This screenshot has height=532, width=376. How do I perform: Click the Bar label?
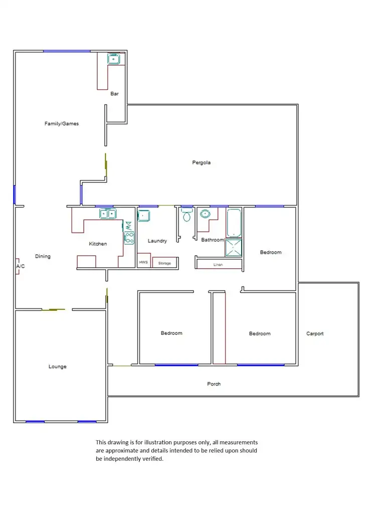(x=114, y=93)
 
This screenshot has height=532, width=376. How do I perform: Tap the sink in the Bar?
(x=114, y=59)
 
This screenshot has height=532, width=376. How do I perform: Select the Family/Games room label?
(x=62, y=123)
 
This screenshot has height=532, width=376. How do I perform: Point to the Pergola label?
(x=201, y=162)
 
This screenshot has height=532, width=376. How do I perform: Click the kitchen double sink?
(x=107, y=215)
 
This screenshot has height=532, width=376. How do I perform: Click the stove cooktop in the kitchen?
(x=129, y=237)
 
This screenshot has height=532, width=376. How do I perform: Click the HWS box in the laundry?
(x=143, y=263)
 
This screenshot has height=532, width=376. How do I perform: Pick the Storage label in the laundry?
(x=164, y=263)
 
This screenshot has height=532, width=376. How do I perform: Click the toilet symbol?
(x=187, y=216)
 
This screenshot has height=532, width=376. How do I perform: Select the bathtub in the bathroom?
(x=234, y=223)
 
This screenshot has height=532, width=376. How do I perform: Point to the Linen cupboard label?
(x=218, y=264)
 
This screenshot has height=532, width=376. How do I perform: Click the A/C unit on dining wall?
(x=18, y=267)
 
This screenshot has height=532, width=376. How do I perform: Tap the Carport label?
(x=315, y=333)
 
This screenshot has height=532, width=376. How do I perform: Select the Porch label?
(x=214, y=384)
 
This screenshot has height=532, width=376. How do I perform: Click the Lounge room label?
(x=57, y=367)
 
